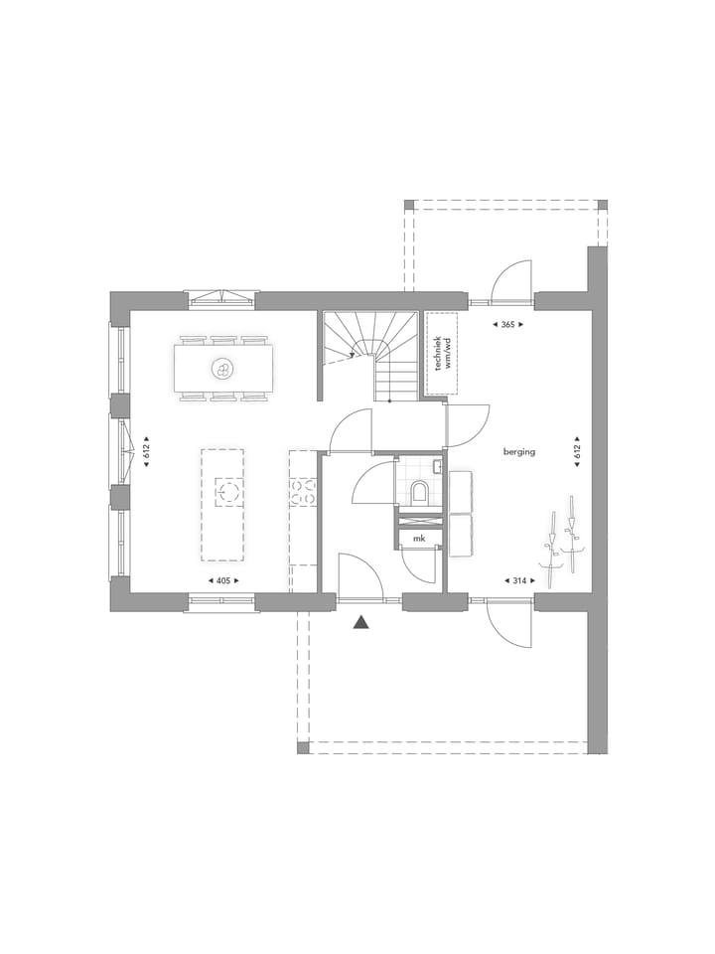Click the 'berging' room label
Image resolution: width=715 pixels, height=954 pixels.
[x=518, y=451]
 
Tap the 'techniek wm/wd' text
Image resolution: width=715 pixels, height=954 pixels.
[x=441, y=354]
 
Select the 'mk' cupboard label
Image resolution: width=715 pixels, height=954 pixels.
[x=420, y=539]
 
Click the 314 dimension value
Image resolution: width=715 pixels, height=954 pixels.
[x=517, y=579]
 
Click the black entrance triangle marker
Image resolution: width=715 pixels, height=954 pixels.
[x=361, y=623]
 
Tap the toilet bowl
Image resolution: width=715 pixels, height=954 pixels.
[x=419, y=491]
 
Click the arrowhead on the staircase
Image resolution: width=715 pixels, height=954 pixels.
[x=353, y=352]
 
